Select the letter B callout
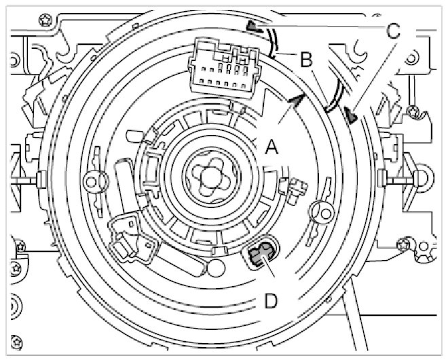[x=306, y=60]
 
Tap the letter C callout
[x=393, y=31]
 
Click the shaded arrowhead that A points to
[x=294, y=101]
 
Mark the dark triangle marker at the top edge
[x=253, y=26]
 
